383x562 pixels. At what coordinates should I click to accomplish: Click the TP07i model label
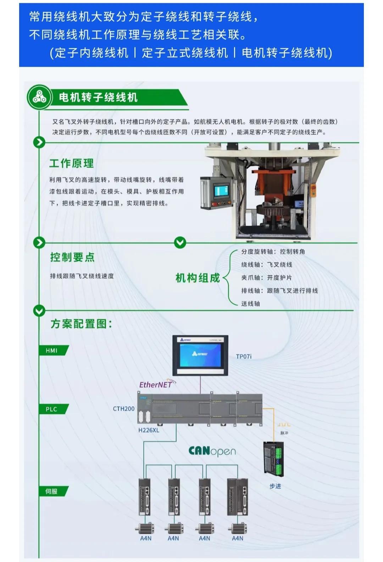pyautogui.click(x=244, y=357)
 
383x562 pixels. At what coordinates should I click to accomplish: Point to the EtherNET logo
pyautogui.click(x=156, y=385)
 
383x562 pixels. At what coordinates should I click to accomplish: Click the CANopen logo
pyautogui.click(x=212, y=451)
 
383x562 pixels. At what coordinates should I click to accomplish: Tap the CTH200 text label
pyautogui.click(x=124, y=409)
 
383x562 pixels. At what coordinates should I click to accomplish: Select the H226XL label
pyautogui.click(x=149, y=430)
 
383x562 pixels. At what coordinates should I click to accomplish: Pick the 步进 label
pyautogui.click(x=275, y=486)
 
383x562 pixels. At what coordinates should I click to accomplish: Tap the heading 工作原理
pyautogui.click(x=72, y=163)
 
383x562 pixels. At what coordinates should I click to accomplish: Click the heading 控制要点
pyautogui.click(x=72, y=257)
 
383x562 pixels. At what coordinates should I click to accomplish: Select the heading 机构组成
pyautogui.click(x=198, y=278)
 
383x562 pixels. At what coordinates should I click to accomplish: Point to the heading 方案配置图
pyautogui.click(x=81, y=324)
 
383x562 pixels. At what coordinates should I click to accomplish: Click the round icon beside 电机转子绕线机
pyautogui.click(x=39, y=97)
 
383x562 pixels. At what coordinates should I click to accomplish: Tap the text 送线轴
pyautogui.click(x=251, y=304)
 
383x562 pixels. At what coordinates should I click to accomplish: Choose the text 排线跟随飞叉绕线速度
pyautogui.click(x=82, y=276)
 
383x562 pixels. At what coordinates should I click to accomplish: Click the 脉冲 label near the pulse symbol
pyautogui.click(x=284, y=433)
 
